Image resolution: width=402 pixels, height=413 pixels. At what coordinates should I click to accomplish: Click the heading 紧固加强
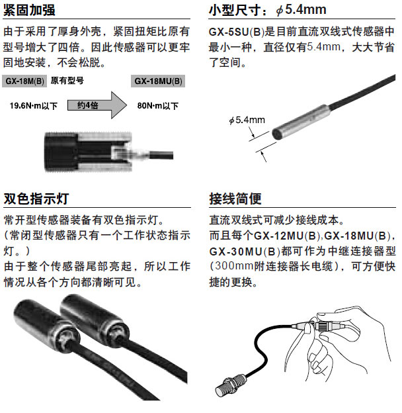(x=29, y=10)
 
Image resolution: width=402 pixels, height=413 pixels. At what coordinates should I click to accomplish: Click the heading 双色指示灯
(x=36, y=199)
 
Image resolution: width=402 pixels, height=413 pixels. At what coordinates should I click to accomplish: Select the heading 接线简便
(x=235, y=199)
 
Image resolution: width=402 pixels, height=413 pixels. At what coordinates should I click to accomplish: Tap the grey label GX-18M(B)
(x=24, y=81)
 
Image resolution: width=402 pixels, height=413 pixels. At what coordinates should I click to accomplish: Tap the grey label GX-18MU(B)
(x=158, y=81)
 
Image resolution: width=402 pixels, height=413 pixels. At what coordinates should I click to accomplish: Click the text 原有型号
(x=67, y=80)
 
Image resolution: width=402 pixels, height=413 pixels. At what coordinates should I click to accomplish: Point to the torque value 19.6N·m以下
(x=34, y=106)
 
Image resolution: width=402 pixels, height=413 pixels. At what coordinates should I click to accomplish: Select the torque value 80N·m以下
(x=158, y=106)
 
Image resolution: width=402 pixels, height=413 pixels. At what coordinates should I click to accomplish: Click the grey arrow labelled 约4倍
(x=97, y=105)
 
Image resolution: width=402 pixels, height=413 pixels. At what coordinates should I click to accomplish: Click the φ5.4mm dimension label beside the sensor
(x=247, y=120)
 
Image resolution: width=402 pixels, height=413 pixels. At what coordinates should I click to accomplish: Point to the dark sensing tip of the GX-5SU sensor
(x=277, y=134)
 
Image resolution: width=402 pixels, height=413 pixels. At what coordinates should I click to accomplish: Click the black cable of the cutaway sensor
(x=161, y=155)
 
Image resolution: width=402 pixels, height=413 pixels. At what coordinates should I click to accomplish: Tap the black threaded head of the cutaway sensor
(x=61, y=152)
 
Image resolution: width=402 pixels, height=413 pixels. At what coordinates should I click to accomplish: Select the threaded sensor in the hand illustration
(x=231, y=385)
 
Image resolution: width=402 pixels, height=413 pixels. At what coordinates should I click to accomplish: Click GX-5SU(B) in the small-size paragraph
(x=237, y=32)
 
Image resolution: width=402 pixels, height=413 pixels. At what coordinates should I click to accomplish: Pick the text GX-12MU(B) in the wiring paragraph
(x=287, y=235)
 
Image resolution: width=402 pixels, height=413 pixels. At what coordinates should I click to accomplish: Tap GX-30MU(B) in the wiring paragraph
(x=245, y=252)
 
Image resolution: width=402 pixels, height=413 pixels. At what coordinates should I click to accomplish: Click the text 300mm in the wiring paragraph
(x=234, y=266)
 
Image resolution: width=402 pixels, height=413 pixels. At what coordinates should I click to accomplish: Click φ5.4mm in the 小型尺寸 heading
(x=301, y=10)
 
